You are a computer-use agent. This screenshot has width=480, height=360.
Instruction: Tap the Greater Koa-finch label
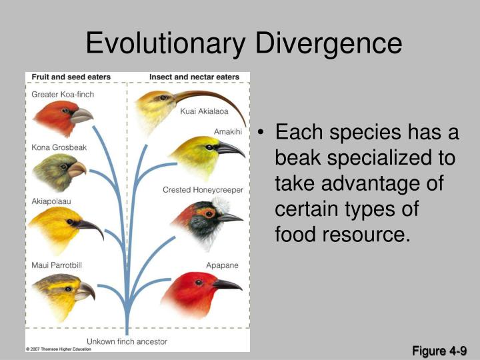tap(63, 95)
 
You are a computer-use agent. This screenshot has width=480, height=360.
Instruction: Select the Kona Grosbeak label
tap(59, 147)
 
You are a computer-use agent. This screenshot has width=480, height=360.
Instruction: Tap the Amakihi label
tap(227, 131)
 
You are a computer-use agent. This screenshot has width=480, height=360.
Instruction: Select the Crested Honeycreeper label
tap(203, 190)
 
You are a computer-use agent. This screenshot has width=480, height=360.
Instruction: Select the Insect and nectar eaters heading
tap(194, 77)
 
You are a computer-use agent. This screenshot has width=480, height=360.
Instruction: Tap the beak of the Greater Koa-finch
tap(81, 116)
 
